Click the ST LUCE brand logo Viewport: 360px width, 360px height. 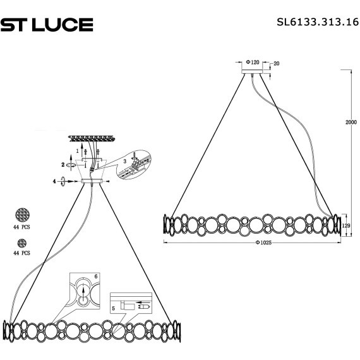[x=47, y=25]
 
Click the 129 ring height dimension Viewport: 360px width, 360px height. [x=345, y=224]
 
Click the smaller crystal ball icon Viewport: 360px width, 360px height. [x=23, y=243]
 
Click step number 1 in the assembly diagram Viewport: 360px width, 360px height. [x=77, y=152]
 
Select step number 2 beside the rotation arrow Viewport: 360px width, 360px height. [x=63, y=164]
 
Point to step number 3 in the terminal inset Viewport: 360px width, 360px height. [x=125, y=161]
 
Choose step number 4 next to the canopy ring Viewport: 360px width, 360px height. [x=55, y=182]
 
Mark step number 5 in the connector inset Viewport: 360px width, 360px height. [x=114, y=308]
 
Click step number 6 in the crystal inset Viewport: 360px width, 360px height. [x=96, y=277]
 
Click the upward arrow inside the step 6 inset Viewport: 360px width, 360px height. [x=84, y=290]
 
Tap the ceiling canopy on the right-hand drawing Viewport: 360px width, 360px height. [x=253, y=71]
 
